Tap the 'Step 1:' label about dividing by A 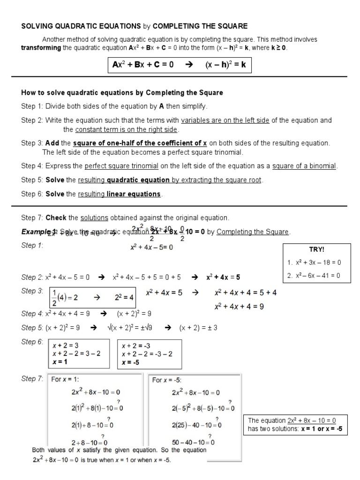click(x=32, y=106)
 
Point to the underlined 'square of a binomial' click(x=305, y=166)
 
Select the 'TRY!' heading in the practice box click(x=316, y=250)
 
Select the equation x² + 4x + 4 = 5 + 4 click(x=246, y=292)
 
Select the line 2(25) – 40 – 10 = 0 click(x=196, y=426)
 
